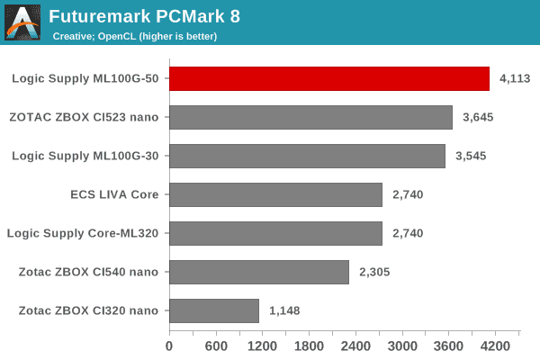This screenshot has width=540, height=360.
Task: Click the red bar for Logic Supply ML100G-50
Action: pyautogui.click(x=329, y=78)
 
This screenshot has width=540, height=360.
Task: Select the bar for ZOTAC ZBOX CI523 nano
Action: pyautogui.click(x=310, y=117)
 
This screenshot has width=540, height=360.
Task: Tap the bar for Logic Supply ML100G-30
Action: pyautogui.click(x=307, y=156)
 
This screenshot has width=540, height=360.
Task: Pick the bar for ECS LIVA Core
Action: pyautogui.click(x=275, y=194)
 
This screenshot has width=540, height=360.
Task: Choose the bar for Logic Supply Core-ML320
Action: pyautogui.click(x=275, y=233)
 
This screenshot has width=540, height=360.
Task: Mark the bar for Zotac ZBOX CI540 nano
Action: pyautogui.click(x=259, y=272)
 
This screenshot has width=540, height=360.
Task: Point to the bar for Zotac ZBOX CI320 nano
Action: pyautogui.click(x=214, y=310)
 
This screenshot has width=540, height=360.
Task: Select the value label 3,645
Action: pyautogui.click(x=478, y=117)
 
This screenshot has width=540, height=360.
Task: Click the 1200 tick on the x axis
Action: pyautogui.click(x=262, y=346)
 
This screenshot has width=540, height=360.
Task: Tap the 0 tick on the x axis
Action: pyautogui.click(x=169, y=346)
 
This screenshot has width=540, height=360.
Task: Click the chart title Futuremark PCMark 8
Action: pyautogui.click(x=145, y=16)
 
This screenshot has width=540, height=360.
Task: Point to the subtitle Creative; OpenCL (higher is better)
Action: pyautogui.click(x=134, y=36)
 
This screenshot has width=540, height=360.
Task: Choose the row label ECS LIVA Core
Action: pyautogui.click(x=114, y=194)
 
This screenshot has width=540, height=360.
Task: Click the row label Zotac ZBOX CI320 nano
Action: pyautogui.click(x=88, y=310)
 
